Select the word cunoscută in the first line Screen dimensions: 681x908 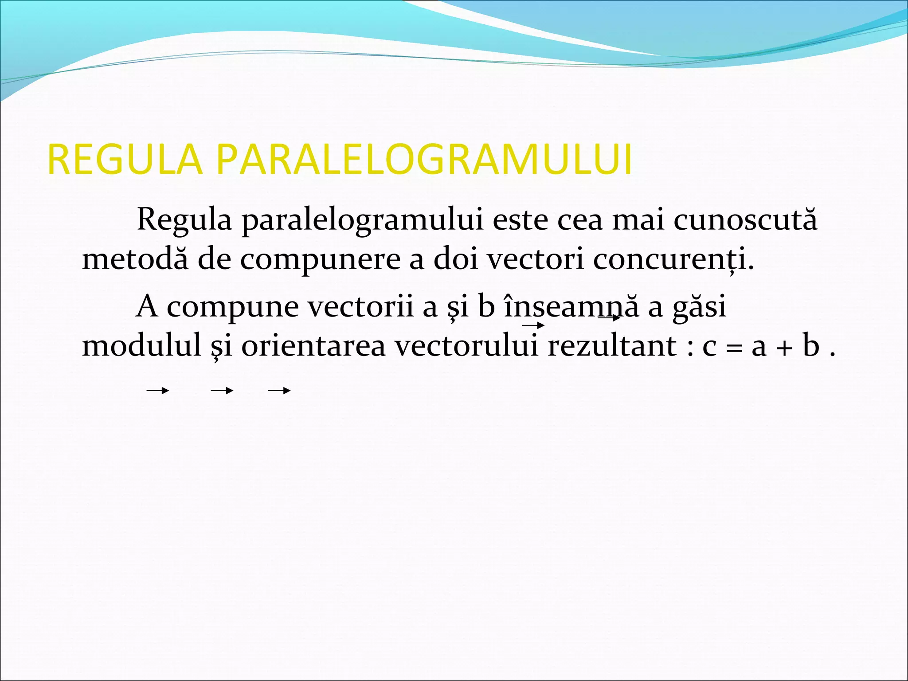(745, 219)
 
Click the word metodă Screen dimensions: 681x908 (135, 259)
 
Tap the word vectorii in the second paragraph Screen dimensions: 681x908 (360, 306)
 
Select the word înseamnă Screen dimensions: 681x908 (571, 306)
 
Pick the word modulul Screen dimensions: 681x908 (142, 346)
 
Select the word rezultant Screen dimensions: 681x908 (612, 346)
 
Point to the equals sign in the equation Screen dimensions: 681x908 (734, 348)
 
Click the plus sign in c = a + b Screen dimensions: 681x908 (784, 348)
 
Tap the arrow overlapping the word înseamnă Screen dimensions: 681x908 (609, 317)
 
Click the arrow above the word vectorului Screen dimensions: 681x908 (533, 326)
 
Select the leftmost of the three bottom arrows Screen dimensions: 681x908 (158, 391)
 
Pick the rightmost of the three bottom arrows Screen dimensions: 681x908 (279, 391)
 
